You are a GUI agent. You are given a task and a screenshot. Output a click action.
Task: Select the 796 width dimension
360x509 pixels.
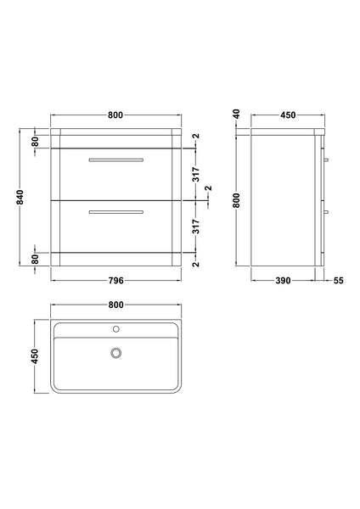pyautogui.click(x=115, y=280)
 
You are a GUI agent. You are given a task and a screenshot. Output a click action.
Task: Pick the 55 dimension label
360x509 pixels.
pyautogui.click(x=338, y=280)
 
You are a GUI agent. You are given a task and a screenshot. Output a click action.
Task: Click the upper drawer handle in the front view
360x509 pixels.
pyautogui.click(x=115, y=158)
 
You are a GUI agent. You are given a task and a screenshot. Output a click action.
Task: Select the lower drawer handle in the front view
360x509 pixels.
pyautogui.click(x=115, y=210)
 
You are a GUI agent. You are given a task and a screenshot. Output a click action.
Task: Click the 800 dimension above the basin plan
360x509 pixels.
pyautogui.click(x=115, y=305)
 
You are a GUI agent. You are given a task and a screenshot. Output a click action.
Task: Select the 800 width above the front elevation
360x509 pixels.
pyautogui.click(x=115, y=115)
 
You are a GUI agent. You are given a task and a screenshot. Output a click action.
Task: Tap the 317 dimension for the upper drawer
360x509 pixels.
pyautogui.click(x=196, y=174)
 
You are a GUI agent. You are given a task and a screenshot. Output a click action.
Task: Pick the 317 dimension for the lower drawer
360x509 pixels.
pyautogui.click(x=196, y=227)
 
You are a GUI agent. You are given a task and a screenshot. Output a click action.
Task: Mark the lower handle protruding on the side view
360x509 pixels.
pyautogui.click(x=327, y=210)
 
